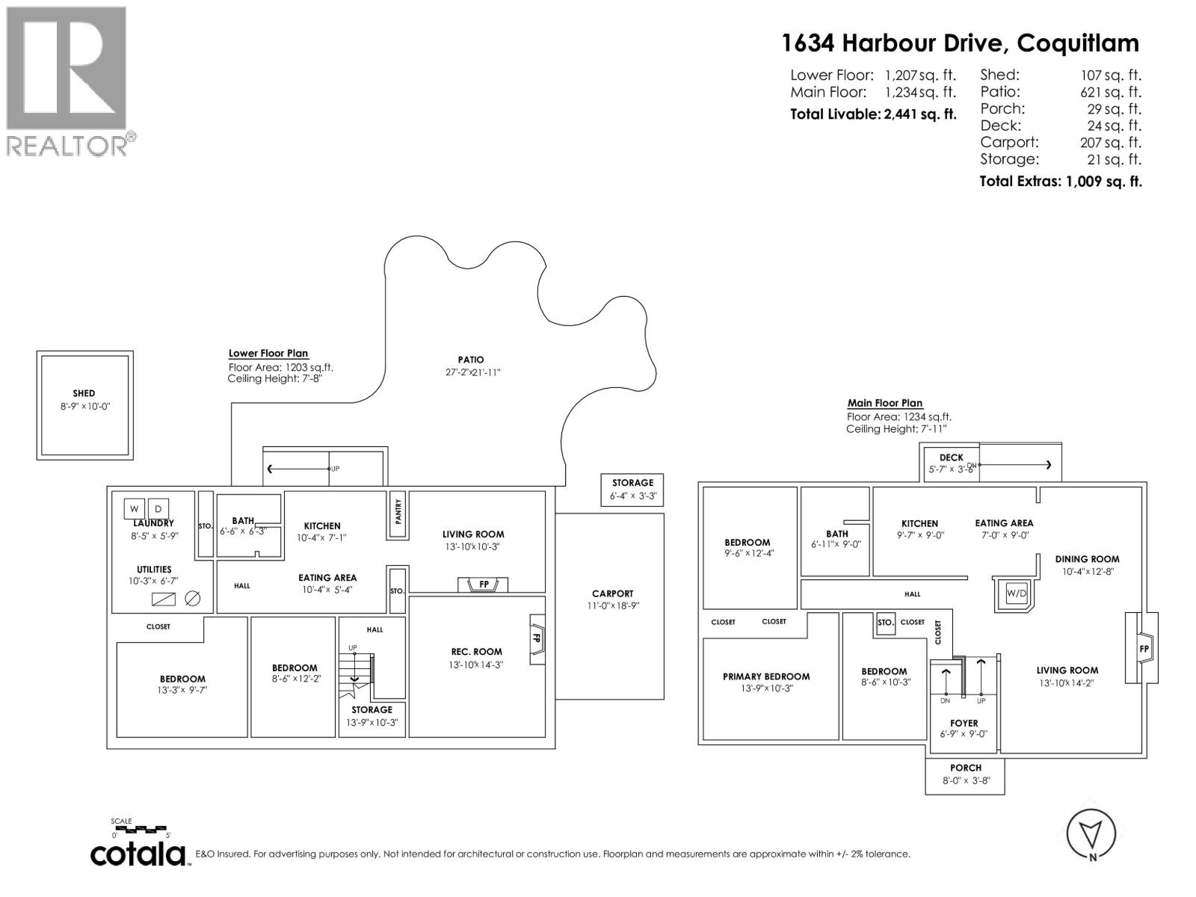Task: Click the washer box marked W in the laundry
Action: (x=135, y=508)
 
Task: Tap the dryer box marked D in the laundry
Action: (x=158, y=508)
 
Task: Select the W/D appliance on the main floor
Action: (x=1017, y=594)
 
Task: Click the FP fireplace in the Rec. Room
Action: (x=537, y=639)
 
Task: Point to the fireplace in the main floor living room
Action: (x=1142, y=648)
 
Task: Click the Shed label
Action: (x=84, y=393)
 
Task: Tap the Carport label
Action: (x=612, y=594)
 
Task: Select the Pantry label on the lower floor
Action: (x=398, y=511)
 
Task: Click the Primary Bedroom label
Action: (x=766, y=676)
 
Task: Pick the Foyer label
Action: (x=964, y=723)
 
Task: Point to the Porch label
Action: (x=966, y=768)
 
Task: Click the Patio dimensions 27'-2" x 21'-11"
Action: (x=471, y=372)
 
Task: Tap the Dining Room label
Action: (x=1087, y=559)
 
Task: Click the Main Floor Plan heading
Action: (x=885, y=403)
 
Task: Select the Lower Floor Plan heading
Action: (x=268, y=354)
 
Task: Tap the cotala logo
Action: (x=138, y=854)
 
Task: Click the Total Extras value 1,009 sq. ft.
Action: (x=1103, y=181)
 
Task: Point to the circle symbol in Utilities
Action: (x=192, y=599)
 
